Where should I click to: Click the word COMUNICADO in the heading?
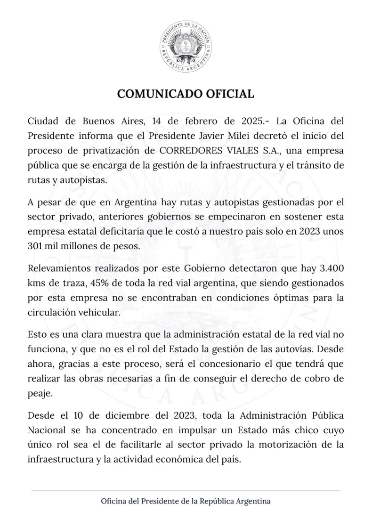coord(158,93)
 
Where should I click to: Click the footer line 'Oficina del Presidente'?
coord(186,501)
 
